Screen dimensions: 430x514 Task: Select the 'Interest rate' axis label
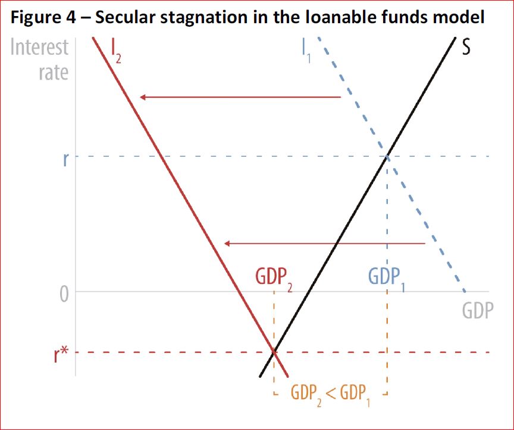40,59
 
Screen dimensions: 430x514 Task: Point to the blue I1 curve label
306,52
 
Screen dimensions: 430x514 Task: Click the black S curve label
465,48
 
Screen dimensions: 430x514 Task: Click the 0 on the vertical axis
64,293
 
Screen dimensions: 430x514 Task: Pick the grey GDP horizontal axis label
477,310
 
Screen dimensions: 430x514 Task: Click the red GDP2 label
274,277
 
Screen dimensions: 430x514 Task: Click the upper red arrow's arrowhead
143,97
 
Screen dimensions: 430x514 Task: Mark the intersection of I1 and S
387,157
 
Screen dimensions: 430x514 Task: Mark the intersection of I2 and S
274,352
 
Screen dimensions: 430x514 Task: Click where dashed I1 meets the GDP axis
465,292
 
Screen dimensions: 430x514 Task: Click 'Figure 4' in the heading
39,17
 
